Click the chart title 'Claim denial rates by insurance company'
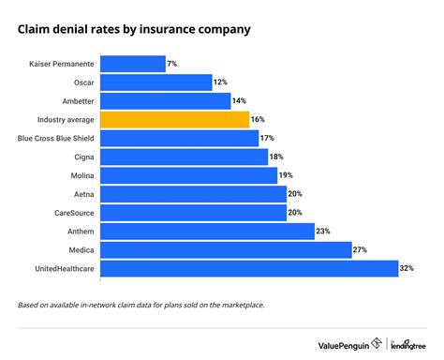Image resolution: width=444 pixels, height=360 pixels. point(134,30)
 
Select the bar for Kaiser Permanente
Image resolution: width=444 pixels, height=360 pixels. point(132,64)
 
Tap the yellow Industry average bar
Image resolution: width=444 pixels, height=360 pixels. point(174,119)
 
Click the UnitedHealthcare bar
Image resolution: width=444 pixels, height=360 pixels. point(249,269)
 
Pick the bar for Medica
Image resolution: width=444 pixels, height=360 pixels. point(226,250)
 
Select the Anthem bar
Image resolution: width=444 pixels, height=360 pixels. point(207,232)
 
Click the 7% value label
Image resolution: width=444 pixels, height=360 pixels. point(173,64)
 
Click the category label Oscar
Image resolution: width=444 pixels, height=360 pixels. point(81,82)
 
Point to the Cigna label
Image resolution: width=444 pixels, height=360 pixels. point(81,157)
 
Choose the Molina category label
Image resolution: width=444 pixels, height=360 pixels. point(79,175)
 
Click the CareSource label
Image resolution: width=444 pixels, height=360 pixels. point(71,213)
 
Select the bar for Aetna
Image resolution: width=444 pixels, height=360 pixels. point(193,194)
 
